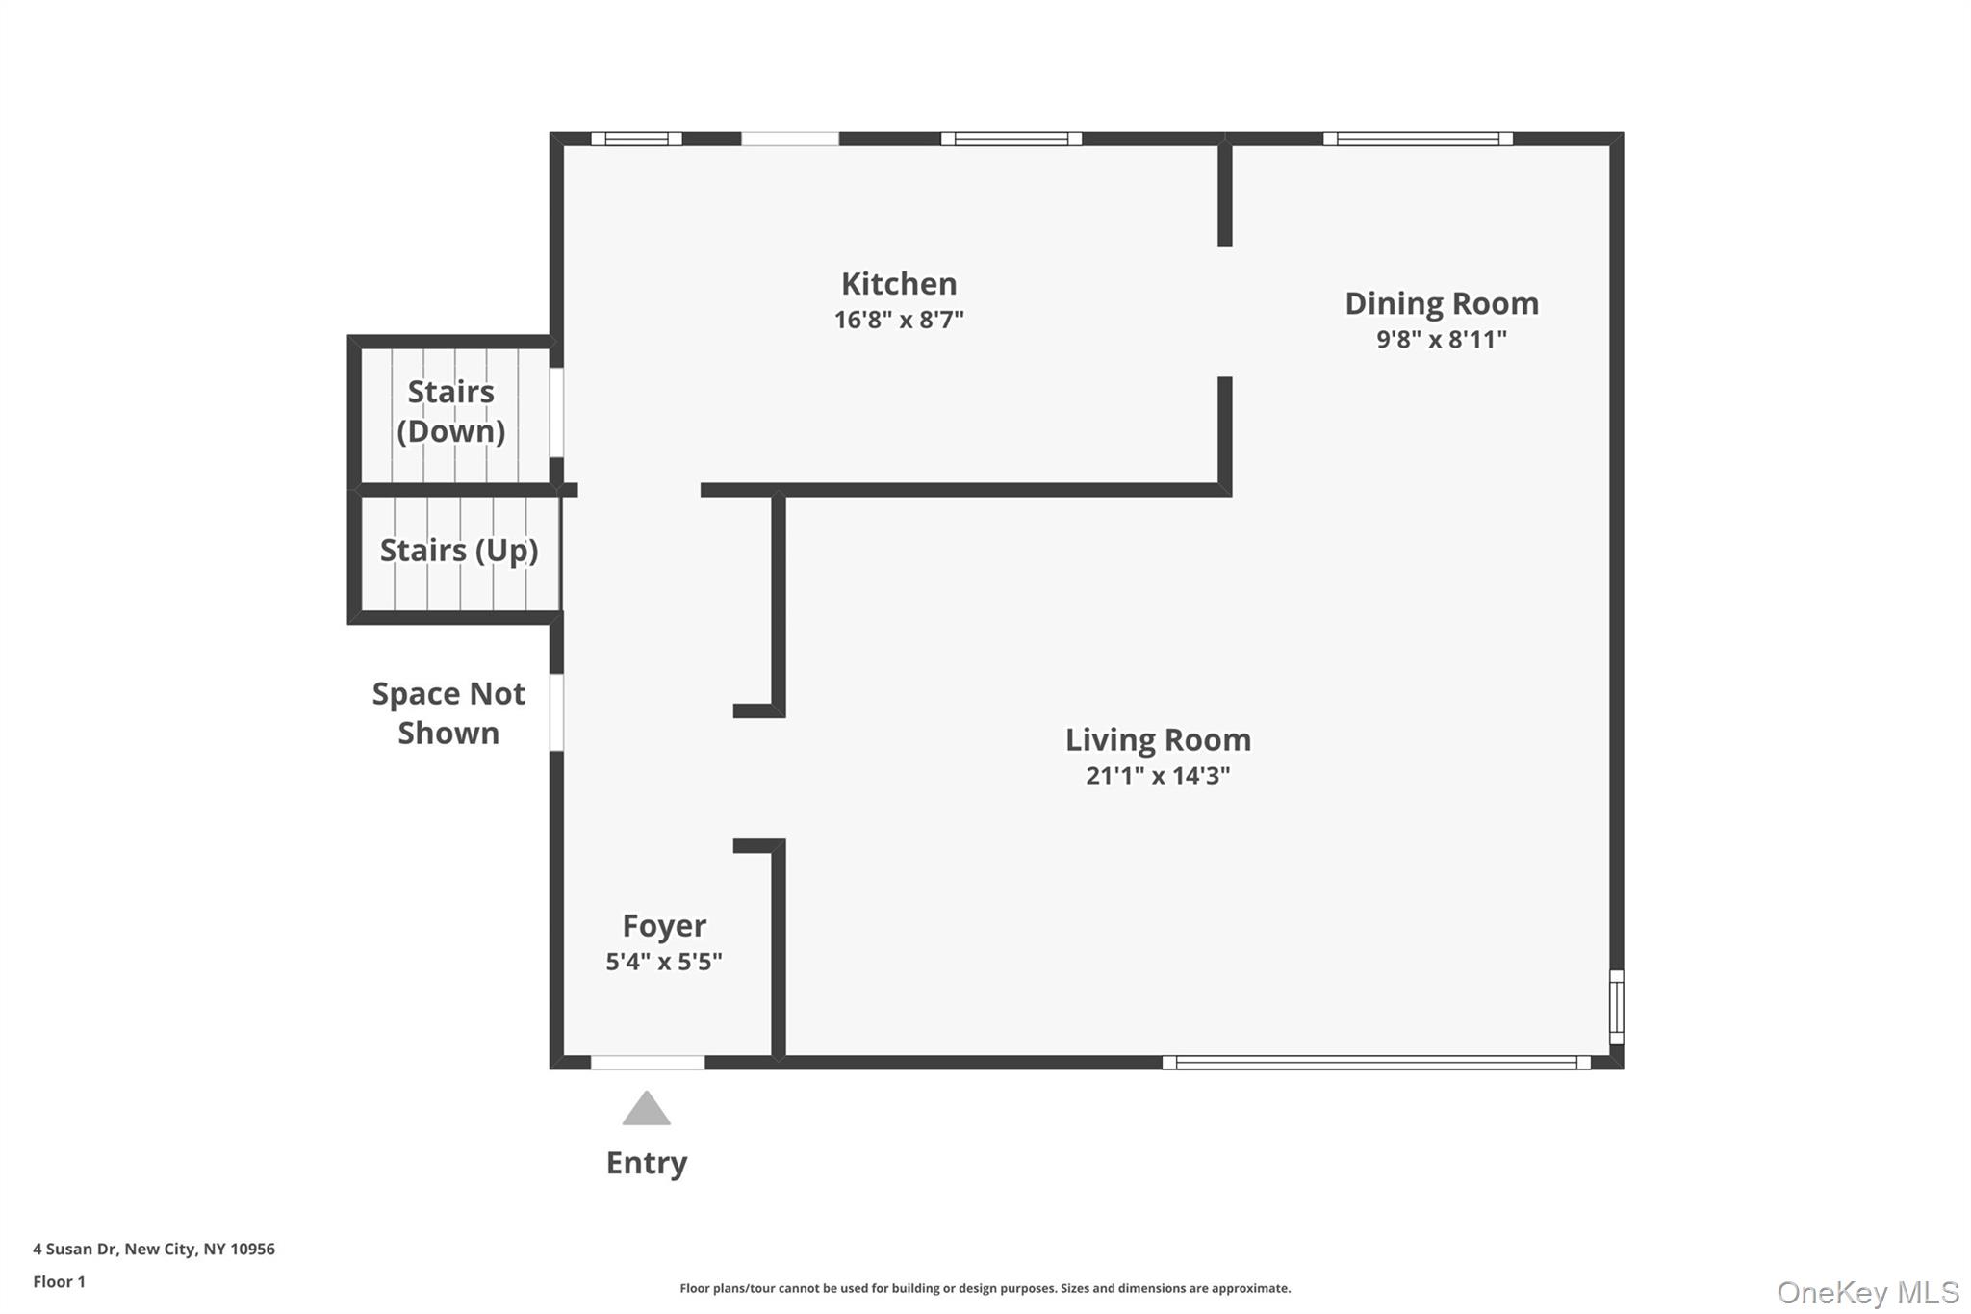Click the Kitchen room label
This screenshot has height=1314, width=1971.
coord(899,284)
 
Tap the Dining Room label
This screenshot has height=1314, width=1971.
coord(1441,303)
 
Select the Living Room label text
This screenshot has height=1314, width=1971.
coord(1158,739)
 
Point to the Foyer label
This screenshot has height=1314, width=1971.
coord(664,925)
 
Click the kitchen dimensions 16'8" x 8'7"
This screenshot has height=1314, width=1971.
coord(899,320)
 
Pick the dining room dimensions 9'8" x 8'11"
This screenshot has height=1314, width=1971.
coord(1441,339)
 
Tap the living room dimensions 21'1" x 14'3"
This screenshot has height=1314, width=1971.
coord(1158,776)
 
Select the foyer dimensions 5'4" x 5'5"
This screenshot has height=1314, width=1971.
coord(664,962)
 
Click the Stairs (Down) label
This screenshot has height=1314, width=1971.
coord(450,411)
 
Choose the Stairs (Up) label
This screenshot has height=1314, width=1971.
coord(458,551)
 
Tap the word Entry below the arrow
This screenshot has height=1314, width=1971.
coord(646,1163)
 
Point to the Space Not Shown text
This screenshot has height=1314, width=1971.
coord(448,713)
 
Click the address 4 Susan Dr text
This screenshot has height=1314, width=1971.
coord(154,1249)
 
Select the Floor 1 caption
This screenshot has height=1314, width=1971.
coord(59,1281)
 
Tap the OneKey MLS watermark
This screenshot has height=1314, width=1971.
coord(1867,1292)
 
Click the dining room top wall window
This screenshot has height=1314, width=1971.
coord(1418,139)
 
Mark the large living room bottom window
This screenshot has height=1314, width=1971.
coord(1376,1063)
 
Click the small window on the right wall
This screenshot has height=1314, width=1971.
coord(1617,1007)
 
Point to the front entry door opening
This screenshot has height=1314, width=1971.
coord(647,1063)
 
